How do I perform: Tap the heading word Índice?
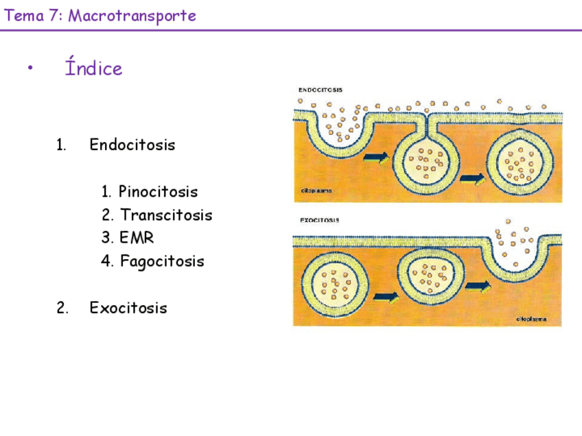[x=93, y=69]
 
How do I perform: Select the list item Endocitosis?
[x=132, y=145]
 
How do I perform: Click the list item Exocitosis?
[x=128, y=308]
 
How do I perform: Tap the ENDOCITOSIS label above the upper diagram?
[x=321, y=90]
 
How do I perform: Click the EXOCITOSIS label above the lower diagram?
[x=318, y=221]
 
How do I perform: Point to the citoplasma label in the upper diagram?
[x=317, y=191]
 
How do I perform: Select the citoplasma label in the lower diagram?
[x=531, y=319]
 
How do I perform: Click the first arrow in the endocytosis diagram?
[x=375, y=158]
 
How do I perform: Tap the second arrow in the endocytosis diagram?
[x=472, y=179]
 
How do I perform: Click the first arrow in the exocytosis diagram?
[x=386, y=298]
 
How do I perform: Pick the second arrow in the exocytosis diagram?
[x=478, y=285]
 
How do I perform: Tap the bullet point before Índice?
[x=30, y=68]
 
